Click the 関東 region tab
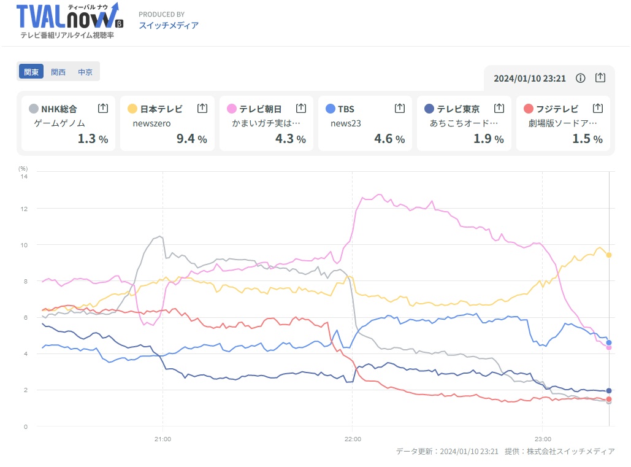(31, 72)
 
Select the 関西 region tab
(58, 72)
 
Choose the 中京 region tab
(85, 72)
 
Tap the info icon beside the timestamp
(581, 78)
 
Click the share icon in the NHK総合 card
(103, 108)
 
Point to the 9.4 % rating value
(191, 139)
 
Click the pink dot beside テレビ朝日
(231, 109)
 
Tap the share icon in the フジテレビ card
(598, 108)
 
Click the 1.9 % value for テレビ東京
(488, 139)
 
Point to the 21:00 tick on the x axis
(163, 439)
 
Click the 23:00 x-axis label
(543, 439)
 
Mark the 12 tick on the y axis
(24, 209)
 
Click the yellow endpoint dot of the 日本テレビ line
(609, 255)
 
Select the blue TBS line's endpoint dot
(609, 342)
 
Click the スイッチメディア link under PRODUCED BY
(169, 25)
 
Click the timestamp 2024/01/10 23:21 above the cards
(530, 78)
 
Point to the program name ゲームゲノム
(59, 123)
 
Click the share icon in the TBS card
(400, 108)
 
